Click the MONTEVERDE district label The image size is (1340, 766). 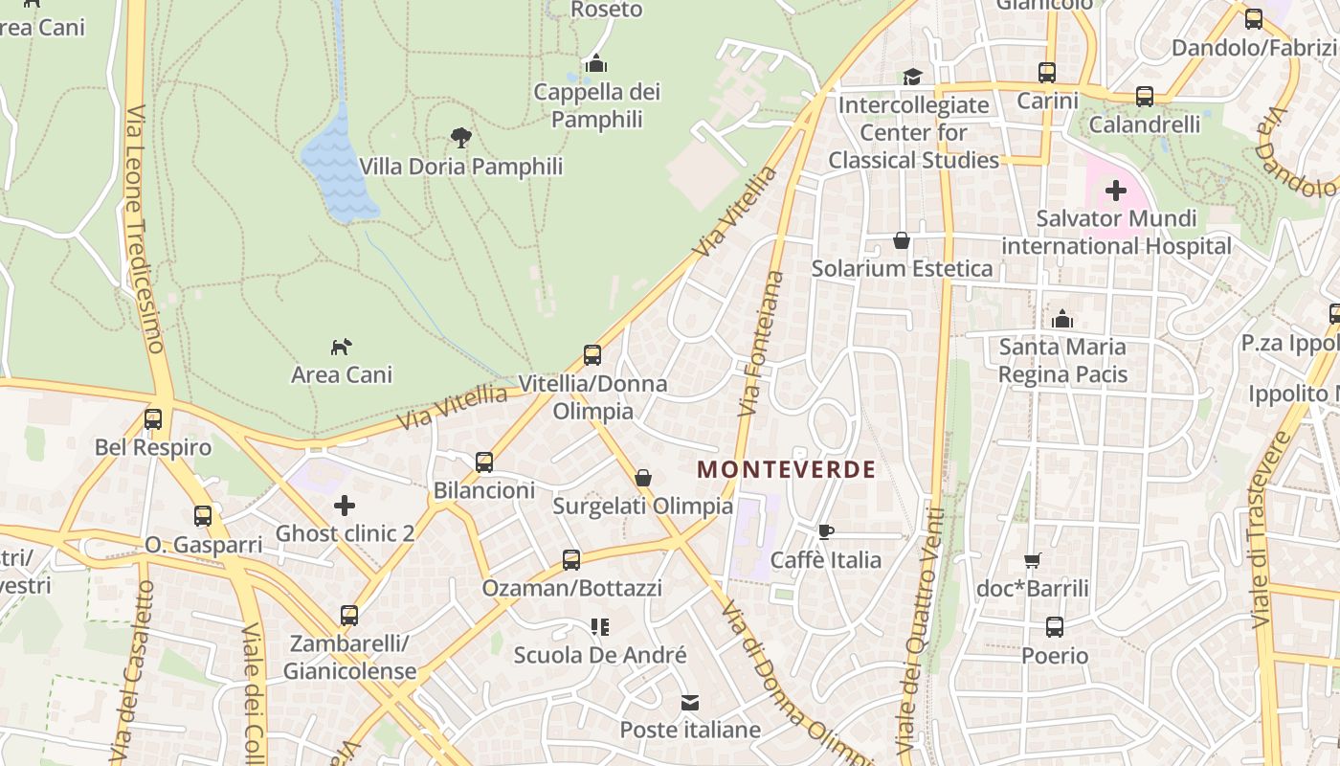(786, 469)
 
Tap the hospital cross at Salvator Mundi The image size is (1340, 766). (1115, 191)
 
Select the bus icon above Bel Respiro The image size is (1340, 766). (153, 419)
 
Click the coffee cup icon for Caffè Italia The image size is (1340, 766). (825, 531)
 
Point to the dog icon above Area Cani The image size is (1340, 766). (342, 346)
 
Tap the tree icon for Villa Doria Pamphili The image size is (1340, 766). (461, 138)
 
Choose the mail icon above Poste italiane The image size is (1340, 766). (689, 703)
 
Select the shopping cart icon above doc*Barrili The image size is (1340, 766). (1032, 560)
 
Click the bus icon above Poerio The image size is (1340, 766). (1054, 627)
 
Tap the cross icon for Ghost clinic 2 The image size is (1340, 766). (345, 505)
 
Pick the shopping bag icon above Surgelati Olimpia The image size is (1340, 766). (643, 477)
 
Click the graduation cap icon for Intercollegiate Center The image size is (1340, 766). (912, 77)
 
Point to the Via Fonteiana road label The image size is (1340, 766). (762, 343)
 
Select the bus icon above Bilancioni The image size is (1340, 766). (484, 462)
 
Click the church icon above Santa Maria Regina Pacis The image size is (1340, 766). (1062, 319)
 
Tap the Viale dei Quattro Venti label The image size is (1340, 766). (921, 632)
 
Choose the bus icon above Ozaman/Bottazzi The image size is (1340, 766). (571, 560)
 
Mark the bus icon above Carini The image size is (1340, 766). (1047, 73)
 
